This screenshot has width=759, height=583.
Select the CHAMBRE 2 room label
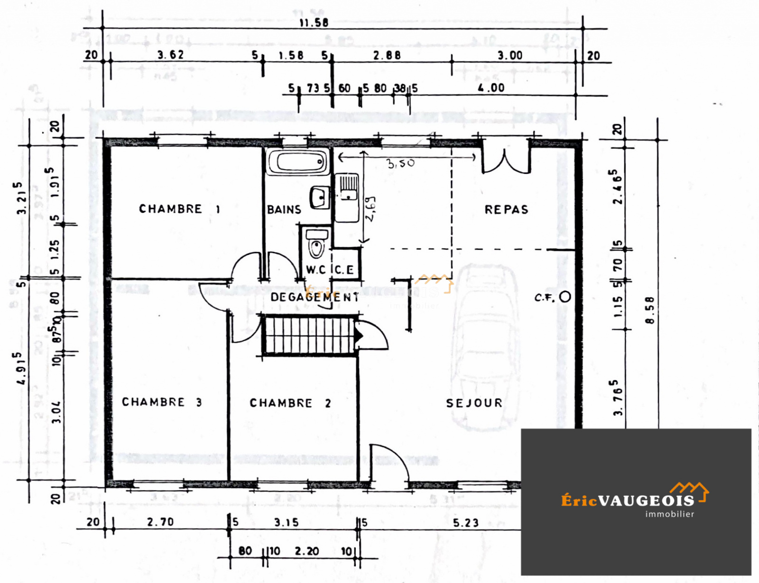[x=290, y=403]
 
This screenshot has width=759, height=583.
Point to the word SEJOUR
[x=474, y=403]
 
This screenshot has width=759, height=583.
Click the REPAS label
[x=506, y=210]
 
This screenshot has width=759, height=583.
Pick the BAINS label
[x=284, y=210]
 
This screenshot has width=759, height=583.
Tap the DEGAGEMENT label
[x=315, y=297]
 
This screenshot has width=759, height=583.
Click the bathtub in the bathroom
[x=297, y=162]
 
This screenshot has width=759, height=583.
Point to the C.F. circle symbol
[x=565, y=297]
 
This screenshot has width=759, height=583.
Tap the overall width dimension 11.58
[x=314, y=22]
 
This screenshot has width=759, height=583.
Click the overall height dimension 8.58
[x=650, y=310]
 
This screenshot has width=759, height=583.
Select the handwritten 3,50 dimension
[x=400, y=164]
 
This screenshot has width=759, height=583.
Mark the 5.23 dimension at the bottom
[x=465, y=523]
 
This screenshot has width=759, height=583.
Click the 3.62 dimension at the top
[x=170, y=55]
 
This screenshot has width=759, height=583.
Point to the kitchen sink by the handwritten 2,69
[x=348, y=197]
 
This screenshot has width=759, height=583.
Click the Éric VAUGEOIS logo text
[x=628, y=501]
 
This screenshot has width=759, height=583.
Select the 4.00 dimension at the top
[x=491, y=88]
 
